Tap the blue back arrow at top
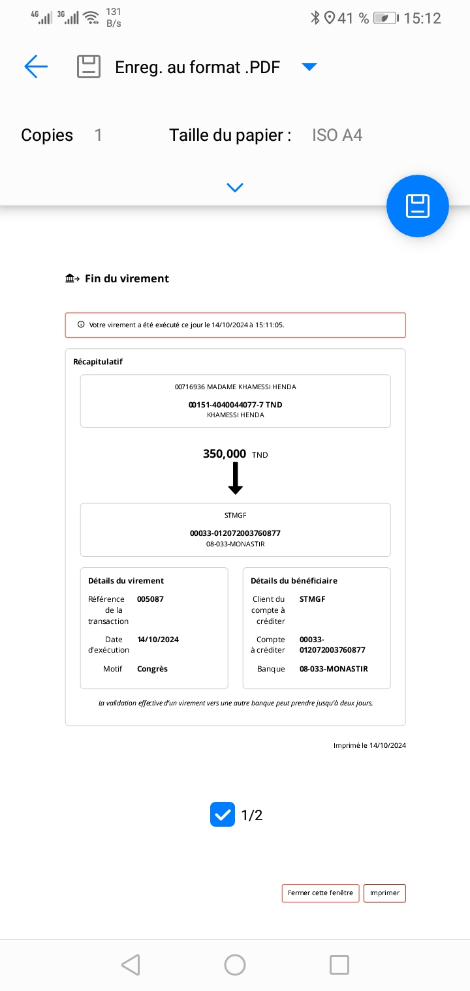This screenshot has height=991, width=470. click(x=36, y=67)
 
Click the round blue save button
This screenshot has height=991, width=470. click(x=418, y=206)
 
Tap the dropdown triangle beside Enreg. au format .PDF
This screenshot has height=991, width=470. click(x=309, y=67)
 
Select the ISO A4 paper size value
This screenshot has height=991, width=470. click(x=337, y=135)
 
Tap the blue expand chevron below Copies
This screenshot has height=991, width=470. click(x=235, y=188)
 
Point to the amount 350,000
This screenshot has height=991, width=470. click(x=225, y=454)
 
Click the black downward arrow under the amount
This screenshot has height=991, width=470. click(x=236, y=478)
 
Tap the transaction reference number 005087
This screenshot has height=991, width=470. click(x=150, y=599)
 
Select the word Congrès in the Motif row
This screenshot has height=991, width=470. click(x=152, y=669)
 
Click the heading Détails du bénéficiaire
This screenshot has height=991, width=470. click(x=294, y=580)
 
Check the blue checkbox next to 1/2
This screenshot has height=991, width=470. click(x=223, y=815)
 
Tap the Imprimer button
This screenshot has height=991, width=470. click(x=384, y=893)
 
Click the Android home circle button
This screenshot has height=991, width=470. click(x=235, y=965)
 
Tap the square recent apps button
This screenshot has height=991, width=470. click(x=339, y=965)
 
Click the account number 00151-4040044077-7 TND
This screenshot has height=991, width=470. click(x=235, y=405)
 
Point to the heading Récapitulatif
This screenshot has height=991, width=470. click(x=98, y=361)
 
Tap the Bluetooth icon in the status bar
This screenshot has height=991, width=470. click(x=315, y=18)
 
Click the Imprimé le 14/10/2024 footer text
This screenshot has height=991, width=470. click(x=369, y=745)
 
